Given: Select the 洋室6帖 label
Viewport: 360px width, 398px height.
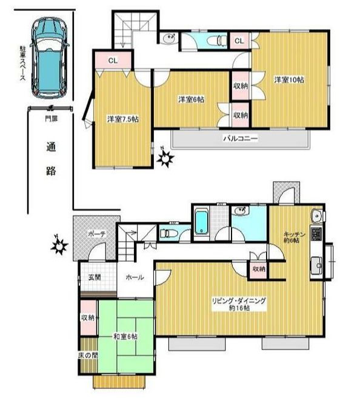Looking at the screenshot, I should [x=190, y=99].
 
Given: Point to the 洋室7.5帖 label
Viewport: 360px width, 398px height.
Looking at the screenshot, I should [x=123, y=119].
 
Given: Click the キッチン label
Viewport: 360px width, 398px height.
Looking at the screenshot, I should [x=293, y=234].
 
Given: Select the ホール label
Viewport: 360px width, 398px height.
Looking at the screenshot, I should [x=135, y=277].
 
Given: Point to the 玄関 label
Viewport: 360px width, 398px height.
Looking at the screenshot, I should [x=94, y=277].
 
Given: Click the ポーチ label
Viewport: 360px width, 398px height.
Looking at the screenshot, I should [x=97, y=233].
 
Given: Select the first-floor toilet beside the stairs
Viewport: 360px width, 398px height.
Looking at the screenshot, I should [x=168, y=233].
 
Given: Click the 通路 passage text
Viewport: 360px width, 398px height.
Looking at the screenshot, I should [x=52, y=158].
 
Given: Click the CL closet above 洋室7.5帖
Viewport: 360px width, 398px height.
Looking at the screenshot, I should [x=113, y=61].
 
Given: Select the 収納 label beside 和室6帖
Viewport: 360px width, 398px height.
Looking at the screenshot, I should [x=87, y=317].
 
